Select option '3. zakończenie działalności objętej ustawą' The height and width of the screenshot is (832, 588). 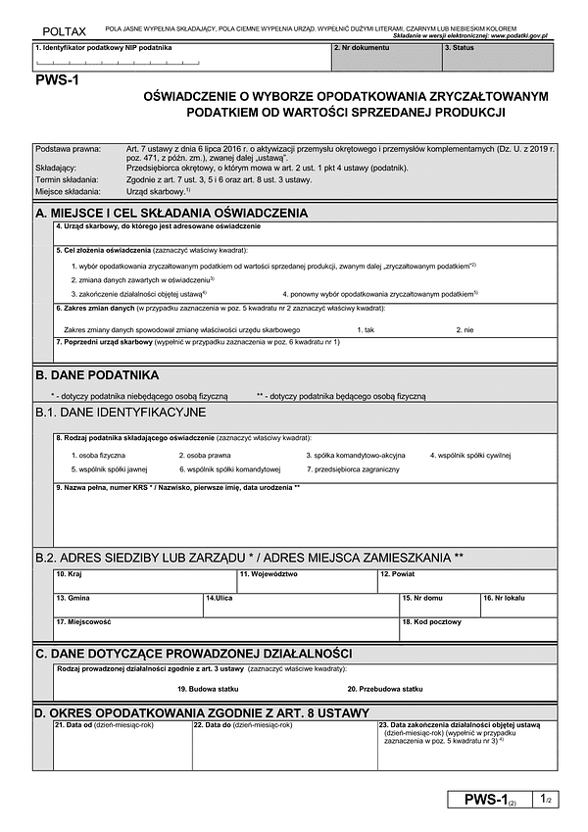(138, 293)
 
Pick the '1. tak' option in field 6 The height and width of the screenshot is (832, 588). (366, 329)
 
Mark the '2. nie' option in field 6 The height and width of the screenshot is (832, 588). (465, 329)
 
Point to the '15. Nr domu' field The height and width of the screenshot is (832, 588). (438, 604)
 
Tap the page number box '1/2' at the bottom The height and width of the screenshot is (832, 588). (546, 801)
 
